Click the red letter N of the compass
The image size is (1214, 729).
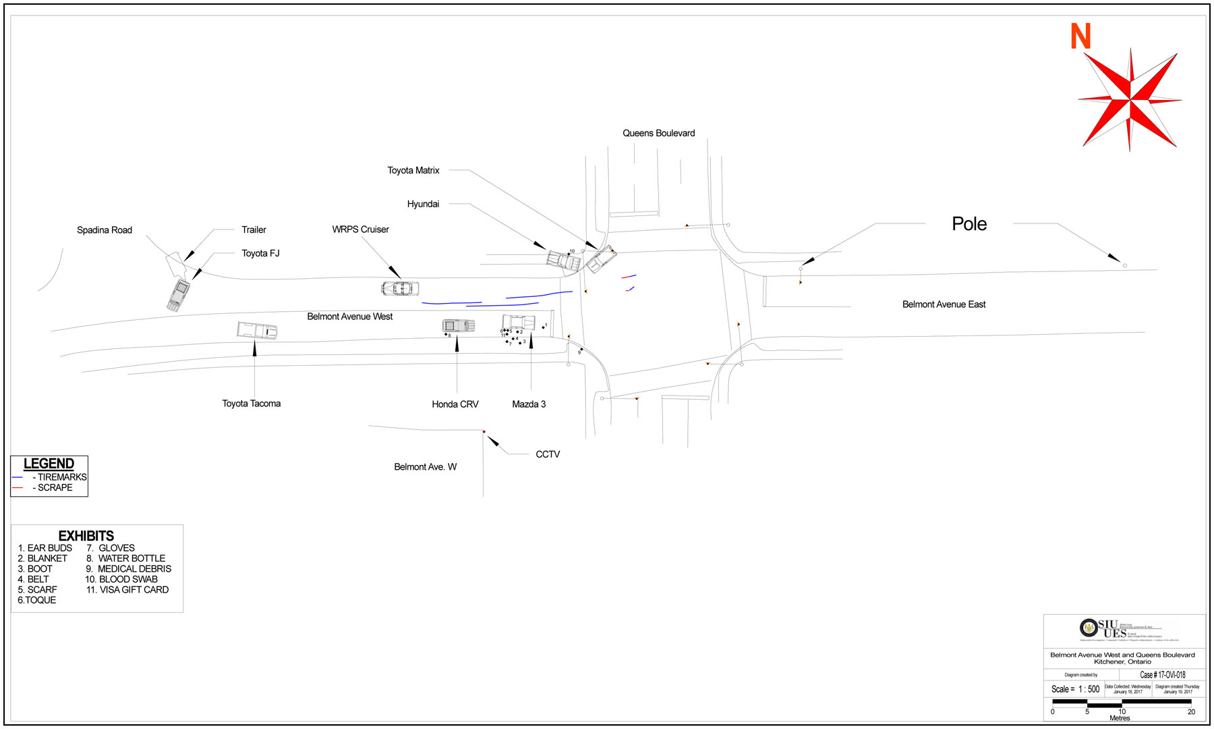point(1080,36)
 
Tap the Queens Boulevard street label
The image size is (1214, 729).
point(658,133)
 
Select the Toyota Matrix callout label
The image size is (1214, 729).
point(413,170)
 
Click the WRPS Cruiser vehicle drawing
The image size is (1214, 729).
point(400,289)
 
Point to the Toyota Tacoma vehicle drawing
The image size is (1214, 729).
point(257,331)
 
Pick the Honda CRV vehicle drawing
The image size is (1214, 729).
point(459,326)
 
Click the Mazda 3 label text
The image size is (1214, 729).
point(529,404)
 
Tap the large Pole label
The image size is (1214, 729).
point(969,224)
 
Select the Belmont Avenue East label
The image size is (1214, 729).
point(944,304)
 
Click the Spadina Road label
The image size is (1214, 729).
point(105,230)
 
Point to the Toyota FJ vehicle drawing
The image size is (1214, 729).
point(179,295)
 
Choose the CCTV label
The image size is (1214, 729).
point(548,454)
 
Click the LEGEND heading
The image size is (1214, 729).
point(49,464)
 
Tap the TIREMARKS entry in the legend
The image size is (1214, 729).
point(61,477)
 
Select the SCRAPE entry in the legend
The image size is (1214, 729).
point(55,487)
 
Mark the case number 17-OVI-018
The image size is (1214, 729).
point(1162,674)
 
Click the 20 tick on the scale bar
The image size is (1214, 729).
point(1191,711)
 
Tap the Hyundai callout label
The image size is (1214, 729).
point(423,204)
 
